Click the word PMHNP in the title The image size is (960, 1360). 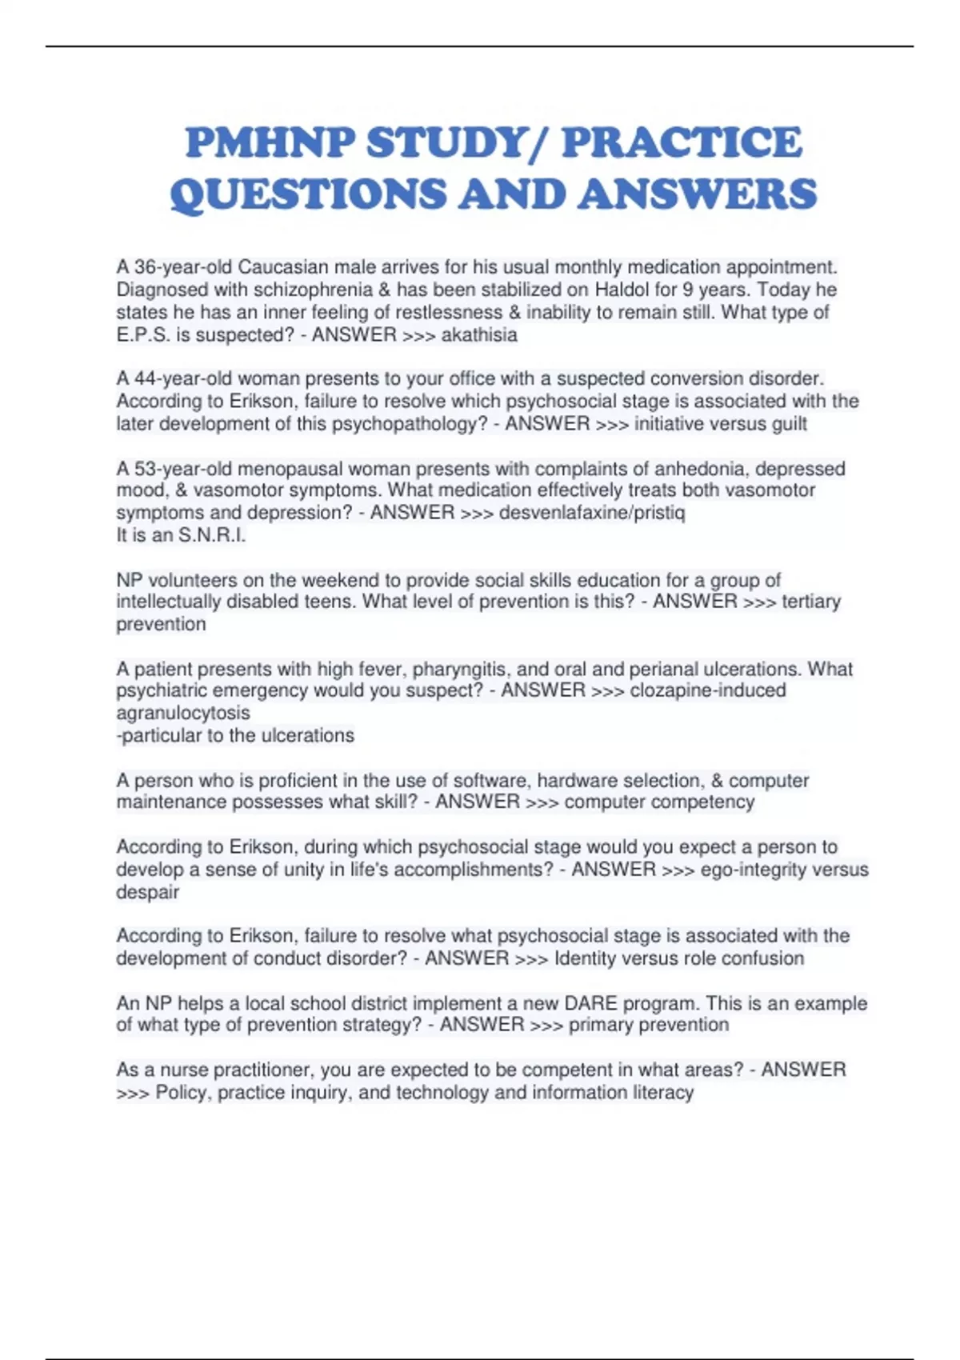270,143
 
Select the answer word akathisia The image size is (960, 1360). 479,334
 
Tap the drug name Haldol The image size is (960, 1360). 622,290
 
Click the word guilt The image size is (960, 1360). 788,423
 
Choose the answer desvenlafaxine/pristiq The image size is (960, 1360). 592,513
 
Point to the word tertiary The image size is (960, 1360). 810,602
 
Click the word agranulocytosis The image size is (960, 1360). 183,713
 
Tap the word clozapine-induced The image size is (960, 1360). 708,690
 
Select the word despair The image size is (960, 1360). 148,892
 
